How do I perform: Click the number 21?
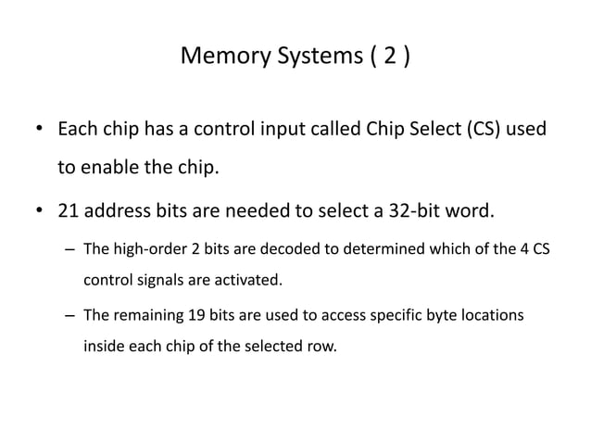[x=69, y=210]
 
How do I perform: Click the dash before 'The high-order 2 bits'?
[x=70, y=249]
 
